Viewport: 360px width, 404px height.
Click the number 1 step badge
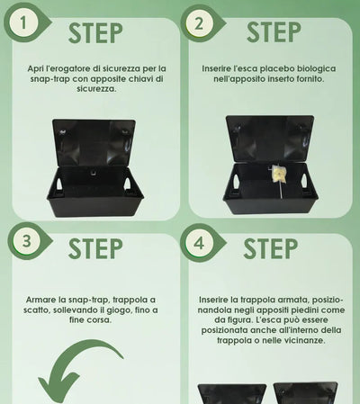pos(23,23)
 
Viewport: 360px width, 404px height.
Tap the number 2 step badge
pos(199,23)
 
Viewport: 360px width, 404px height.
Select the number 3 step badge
pos(26,241)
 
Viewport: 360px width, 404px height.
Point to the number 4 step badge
pos(199,243)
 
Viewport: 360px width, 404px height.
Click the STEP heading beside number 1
pos(95,33)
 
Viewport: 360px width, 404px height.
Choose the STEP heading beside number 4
pos(271,248)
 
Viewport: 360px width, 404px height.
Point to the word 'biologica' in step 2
pos(317,68)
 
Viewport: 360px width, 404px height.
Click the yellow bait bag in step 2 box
pos(278,174)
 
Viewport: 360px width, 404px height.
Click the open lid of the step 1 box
pos(94,143)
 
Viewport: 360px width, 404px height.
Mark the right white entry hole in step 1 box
pos(128,184)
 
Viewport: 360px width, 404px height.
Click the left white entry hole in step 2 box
pos(236,181)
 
